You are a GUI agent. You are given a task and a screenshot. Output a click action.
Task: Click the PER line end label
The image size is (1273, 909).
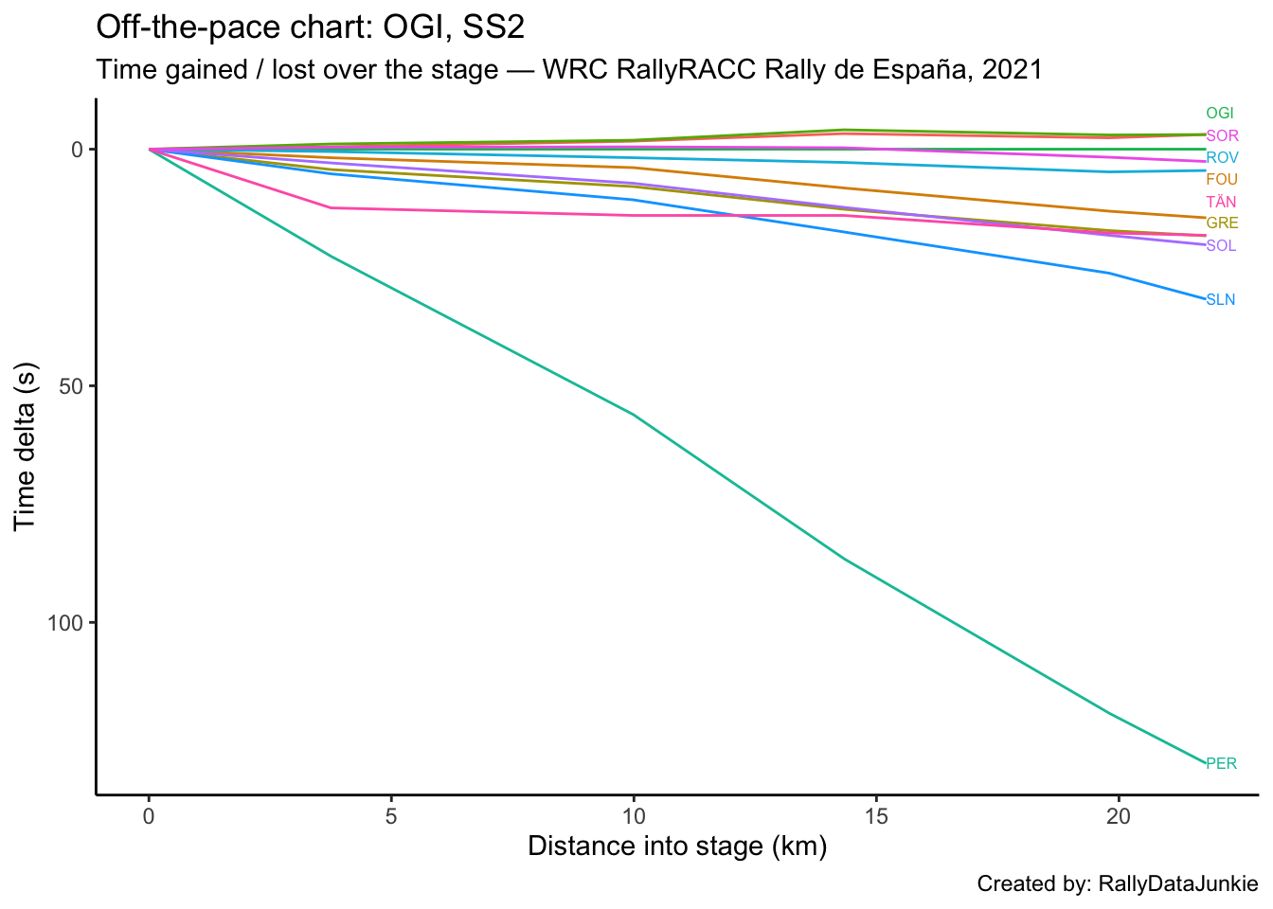tap(1221, 763)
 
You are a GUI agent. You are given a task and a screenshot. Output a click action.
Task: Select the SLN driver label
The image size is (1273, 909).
tap(1220, 300)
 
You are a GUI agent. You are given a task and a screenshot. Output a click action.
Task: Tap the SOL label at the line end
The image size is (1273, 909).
tap(1221, 246)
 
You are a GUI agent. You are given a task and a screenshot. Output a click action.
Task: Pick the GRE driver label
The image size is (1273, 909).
tap(1222, 223)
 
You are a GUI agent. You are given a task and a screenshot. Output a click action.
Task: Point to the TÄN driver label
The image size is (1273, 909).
tap(1221, 202)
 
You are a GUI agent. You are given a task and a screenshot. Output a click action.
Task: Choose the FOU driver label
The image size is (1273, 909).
tap(1222, 180)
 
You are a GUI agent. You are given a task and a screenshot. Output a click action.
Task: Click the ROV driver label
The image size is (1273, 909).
tap(1222, 158)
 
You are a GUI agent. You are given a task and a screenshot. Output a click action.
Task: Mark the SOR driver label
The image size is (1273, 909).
tap(1222, 136)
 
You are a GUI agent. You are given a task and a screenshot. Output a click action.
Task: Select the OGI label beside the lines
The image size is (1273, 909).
tap(1220, 114)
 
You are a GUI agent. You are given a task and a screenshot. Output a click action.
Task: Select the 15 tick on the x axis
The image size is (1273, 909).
tap(876, 816)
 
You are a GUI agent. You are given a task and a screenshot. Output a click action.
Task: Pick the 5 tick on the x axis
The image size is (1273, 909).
tap(391, 816)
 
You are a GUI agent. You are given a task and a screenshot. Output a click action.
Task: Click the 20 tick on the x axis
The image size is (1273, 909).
tap(1119, 816)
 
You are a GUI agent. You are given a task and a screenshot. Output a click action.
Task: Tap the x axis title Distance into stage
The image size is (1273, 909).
tap(677, 847)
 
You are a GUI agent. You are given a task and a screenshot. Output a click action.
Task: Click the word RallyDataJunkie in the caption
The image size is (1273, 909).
tap(1177, 884)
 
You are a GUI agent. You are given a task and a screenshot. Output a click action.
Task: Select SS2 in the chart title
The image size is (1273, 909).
tap(493, 28)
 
